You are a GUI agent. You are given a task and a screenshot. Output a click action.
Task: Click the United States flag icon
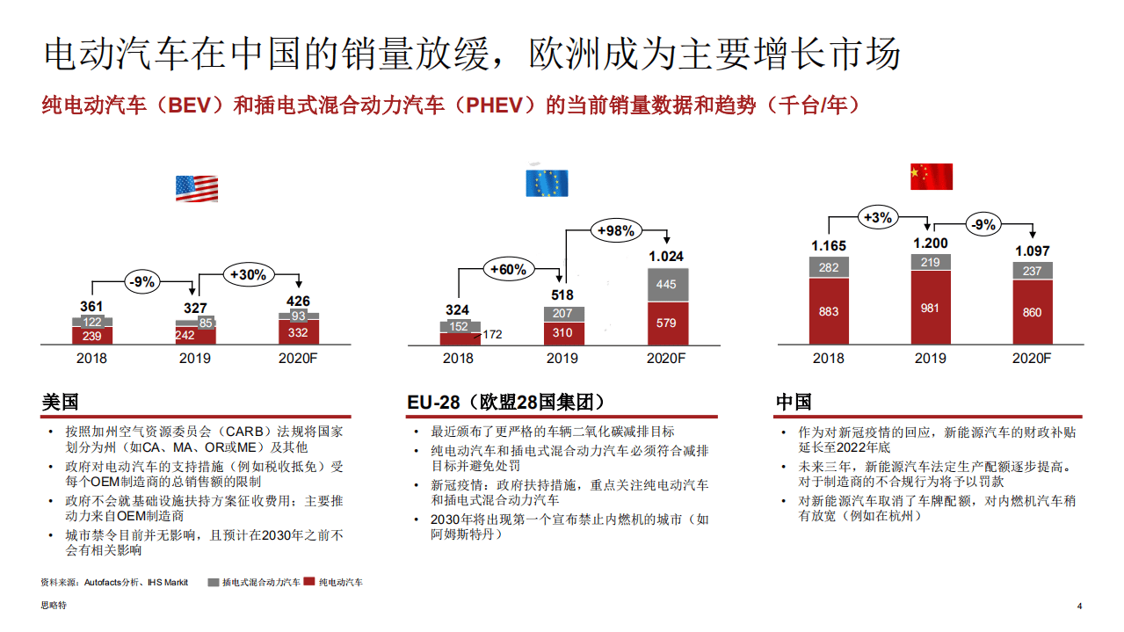[196, 188]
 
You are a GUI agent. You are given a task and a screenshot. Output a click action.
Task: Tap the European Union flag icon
[547, 183]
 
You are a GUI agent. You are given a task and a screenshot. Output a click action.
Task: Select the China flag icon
[931, 176]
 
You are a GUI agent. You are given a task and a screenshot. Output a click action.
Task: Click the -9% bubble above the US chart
[141, 281]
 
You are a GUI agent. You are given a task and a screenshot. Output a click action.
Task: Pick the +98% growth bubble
[615, 231]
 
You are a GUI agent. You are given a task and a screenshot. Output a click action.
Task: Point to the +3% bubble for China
[877, 217]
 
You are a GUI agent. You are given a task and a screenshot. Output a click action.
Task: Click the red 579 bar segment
[666, 323]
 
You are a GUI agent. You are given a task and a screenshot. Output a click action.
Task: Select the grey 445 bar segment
[666, 285]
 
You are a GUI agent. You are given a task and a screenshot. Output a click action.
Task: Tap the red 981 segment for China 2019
[931, 308]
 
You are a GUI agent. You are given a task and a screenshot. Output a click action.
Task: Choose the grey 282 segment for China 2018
[829, 267]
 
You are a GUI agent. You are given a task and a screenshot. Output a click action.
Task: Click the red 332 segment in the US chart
[299, 332]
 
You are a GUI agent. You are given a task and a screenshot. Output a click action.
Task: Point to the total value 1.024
[666, 257]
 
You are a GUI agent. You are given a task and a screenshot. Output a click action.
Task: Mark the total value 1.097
[1033, 251]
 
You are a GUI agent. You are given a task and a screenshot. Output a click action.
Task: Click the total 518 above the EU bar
[562, 295]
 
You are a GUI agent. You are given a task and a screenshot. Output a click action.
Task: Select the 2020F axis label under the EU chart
[666, 359]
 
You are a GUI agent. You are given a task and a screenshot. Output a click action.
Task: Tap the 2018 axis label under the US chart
[92, 359]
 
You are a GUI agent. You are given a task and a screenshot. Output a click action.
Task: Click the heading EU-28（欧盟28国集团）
[506, 403]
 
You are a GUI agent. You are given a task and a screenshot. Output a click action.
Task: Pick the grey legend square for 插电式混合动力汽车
[214, 582]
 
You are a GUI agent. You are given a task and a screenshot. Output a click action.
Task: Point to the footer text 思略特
[54, 606]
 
